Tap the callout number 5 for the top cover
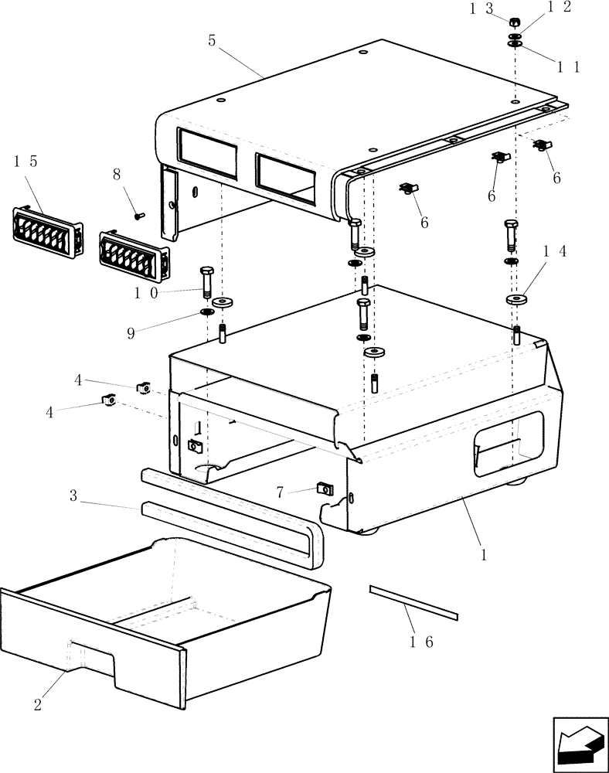point(211,40)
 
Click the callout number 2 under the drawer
point(37,704)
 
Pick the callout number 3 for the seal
point(73,495)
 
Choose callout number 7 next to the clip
point(281,491)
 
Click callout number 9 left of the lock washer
point(131,333)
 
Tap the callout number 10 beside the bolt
point(148,293)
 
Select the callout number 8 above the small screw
point(117,174)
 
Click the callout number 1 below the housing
point(484,555)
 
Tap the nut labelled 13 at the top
point(515,22)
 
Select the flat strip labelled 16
point(413,602)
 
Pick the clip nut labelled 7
point(325,489)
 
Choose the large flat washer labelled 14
point(516,299)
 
